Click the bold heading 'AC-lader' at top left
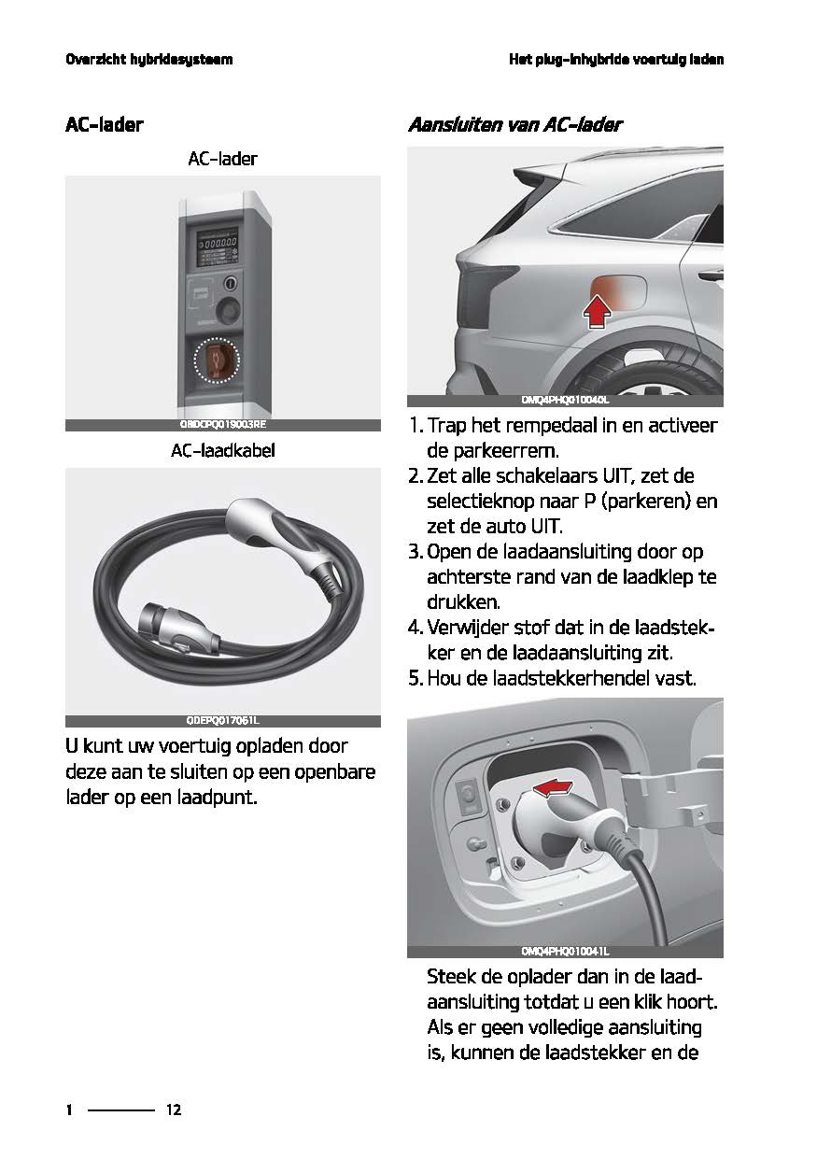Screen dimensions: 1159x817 point(104,124)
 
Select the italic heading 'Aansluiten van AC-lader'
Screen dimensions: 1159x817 point(514,124)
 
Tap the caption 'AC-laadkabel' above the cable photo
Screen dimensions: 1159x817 point(222,451)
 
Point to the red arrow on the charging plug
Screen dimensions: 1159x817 point(553,790)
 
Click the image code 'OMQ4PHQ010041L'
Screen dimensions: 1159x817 point(565,952)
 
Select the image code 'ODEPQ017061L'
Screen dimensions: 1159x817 point(222,720)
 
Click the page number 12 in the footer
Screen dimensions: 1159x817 point(174,1110)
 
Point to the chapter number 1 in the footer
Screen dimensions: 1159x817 point(69,1110)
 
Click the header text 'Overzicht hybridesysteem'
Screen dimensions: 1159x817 point(148,60)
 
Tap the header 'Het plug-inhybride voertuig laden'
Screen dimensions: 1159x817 point(616,60)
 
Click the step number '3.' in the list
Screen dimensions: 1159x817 point(416,551)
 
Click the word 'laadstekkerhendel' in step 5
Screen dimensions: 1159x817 point(544,677)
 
